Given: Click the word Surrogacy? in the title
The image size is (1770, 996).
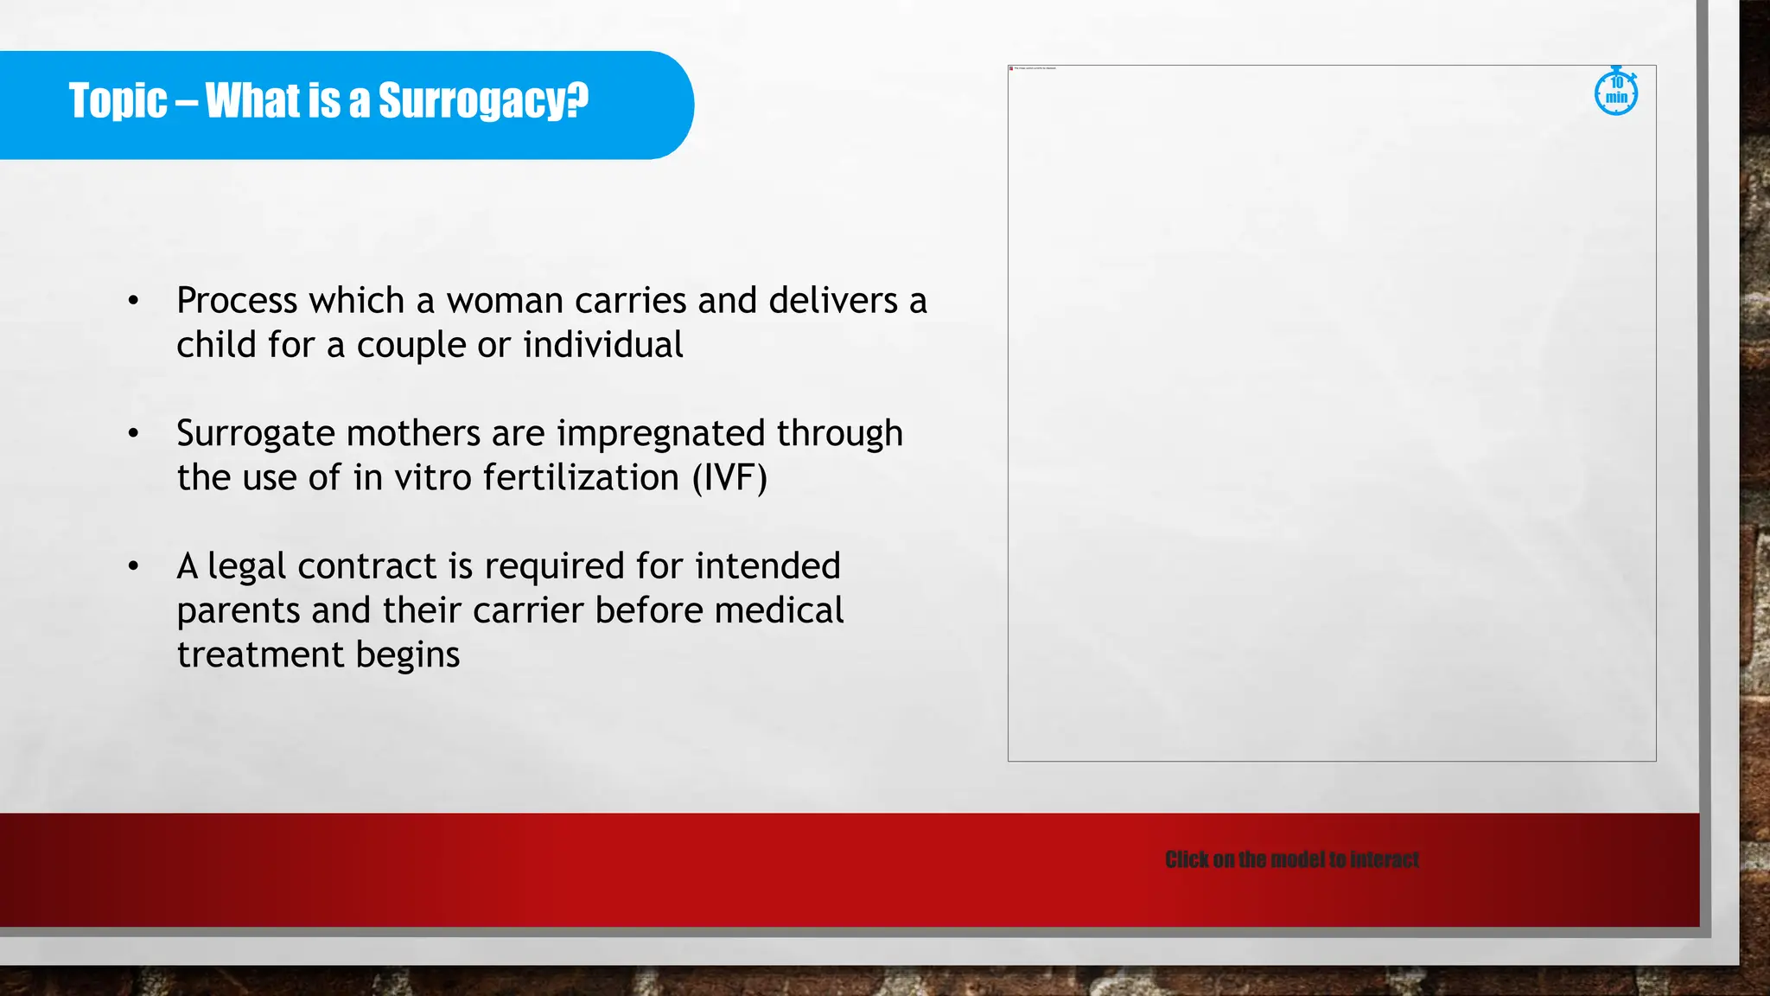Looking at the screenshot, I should [483, 102].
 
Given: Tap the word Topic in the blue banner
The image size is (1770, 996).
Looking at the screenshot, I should [118, 101].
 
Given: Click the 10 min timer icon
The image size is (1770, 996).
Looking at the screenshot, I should [1615, 92].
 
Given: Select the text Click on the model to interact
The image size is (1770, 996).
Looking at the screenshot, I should [1291, 859].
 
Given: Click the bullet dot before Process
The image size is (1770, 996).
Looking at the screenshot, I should [133, 301].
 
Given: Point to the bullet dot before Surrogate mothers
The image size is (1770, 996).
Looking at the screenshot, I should [133, 433].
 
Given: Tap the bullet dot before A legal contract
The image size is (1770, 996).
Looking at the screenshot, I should [133, 566].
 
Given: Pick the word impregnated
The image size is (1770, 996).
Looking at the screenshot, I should [660, 434].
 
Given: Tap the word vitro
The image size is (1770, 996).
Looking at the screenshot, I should [432, 478].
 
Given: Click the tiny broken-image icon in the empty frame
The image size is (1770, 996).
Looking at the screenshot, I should [1011, 68].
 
